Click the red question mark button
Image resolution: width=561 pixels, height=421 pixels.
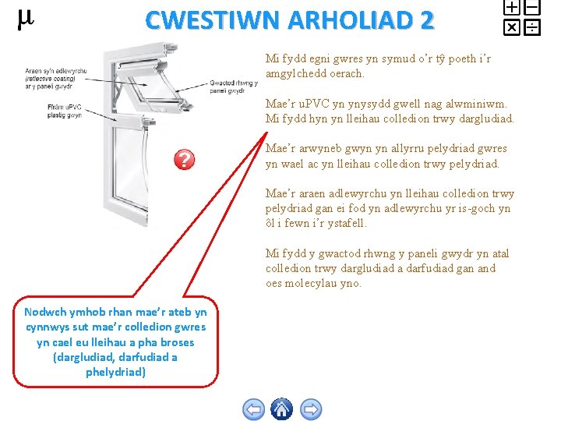(184, 159)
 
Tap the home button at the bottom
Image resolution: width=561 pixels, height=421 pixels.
(281, 409)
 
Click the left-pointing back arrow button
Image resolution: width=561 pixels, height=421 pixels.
(254, 409)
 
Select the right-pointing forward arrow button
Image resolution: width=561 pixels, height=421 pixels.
(311, 409)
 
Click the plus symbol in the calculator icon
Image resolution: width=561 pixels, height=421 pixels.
(512, 7)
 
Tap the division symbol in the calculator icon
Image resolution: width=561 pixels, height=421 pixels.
(532, 27)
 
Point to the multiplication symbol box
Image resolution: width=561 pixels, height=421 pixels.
(512, 27)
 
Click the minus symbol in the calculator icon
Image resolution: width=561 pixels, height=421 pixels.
(532, 7)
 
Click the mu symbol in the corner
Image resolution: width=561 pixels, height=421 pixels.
(26, 19)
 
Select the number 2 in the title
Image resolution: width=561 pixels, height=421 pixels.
(427, 20)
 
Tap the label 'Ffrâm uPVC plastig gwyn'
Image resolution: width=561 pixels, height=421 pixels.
(65, 111)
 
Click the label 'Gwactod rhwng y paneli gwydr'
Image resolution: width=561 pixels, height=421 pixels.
(234, 87)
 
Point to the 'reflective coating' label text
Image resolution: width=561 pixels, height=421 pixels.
(50, 79)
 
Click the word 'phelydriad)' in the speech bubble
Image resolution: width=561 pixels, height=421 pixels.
(115, 373)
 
